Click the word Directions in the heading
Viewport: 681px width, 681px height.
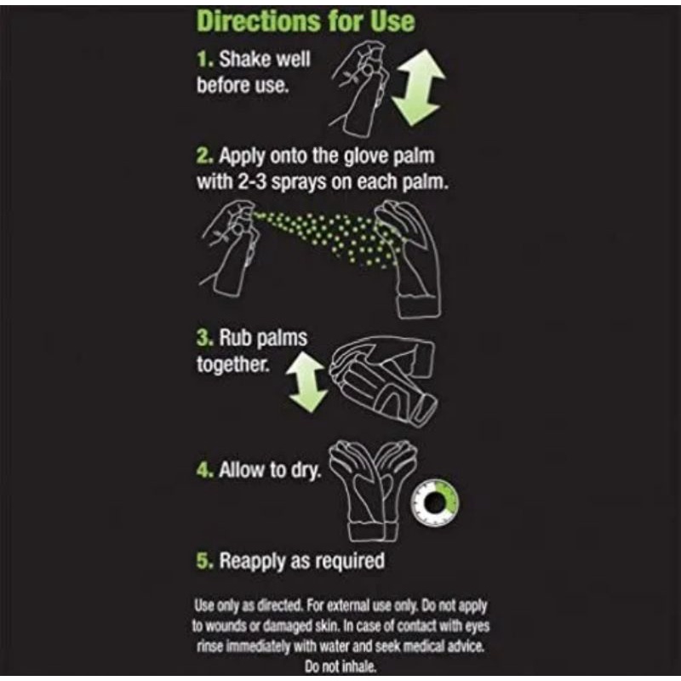point(260,20)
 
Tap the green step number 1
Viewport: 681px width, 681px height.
point(205,60)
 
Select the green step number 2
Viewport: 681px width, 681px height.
point(205,156)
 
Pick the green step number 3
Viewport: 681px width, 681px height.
point(205,338)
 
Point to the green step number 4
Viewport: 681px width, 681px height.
point(205,470)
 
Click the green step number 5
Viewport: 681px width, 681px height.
point(205,561)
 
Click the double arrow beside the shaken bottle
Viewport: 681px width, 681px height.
point(419,88)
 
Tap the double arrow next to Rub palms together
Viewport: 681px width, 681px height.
point(306,381)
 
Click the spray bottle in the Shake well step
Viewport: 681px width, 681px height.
point(360,88)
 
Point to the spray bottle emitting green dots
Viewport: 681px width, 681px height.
point(230,249)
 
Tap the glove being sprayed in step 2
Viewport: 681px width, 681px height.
point(409,259)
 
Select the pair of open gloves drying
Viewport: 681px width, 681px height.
point(372,491)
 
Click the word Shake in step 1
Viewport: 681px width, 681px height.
point(241,60)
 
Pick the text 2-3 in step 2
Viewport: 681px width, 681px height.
point(252,182)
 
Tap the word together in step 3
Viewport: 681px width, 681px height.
point(232,364)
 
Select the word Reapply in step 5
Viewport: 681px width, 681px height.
point(252,562)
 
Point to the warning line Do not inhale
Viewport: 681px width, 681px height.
point(340,667)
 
